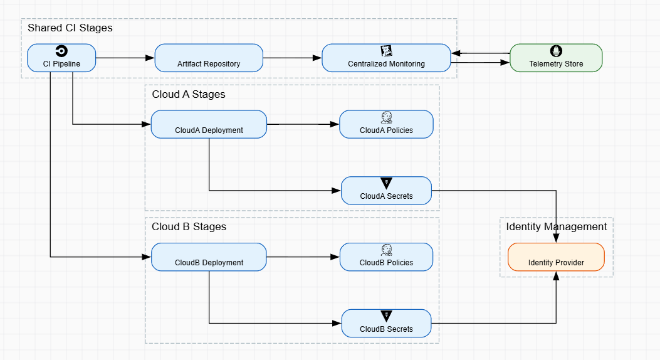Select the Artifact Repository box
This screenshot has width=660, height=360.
pos(209,58)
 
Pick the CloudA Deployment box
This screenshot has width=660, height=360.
pos(209,124)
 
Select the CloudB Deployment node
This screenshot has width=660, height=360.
pos(209,257)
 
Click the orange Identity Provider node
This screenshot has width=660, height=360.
pos(556,257)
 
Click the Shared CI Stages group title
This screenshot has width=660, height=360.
pos(70,28)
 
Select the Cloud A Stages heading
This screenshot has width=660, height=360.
pos(189,95)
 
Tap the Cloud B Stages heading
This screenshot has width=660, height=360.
pos(189,227)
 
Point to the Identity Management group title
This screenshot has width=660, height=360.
pos(557,227)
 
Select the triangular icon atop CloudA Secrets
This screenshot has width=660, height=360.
pos(386,183)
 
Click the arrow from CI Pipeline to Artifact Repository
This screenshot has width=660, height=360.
pos(125,58)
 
